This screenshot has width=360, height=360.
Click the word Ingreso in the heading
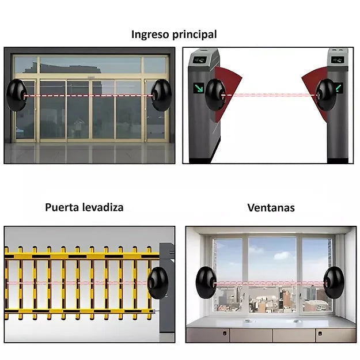tap(150, 35)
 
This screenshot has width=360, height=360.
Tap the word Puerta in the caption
tap(62, 207)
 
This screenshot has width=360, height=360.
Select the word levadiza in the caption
tap(103, 207)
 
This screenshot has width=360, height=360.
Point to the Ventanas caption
tap(271, 207)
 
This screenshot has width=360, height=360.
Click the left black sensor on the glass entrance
tap(16, 95)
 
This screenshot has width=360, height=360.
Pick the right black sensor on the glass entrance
tap(161, 95)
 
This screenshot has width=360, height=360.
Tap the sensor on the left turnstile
tap(215, 95)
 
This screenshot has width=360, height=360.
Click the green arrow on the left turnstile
tap(198, 88)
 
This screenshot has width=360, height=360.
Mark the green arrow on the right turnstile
tap(339, 88)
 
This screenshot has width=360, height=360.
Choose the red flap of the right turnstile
tap(315, 92)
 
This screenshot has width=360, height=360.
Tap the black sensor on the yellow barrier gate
tap(158, 283)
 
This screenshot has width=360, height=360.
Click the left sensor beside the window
tap(206, 282)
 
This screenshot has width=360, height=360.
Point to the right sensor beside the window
tap(334, 282)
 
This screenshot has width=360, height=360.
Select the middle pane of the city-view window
tap(272, 275)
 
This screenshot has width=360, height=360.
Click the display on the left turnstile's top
tap(199, 60)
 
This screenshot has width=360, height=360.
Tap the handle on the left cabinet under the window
tap(225, 333)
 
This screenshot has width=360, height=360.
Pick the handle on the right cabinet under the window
tap(320, 333)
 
